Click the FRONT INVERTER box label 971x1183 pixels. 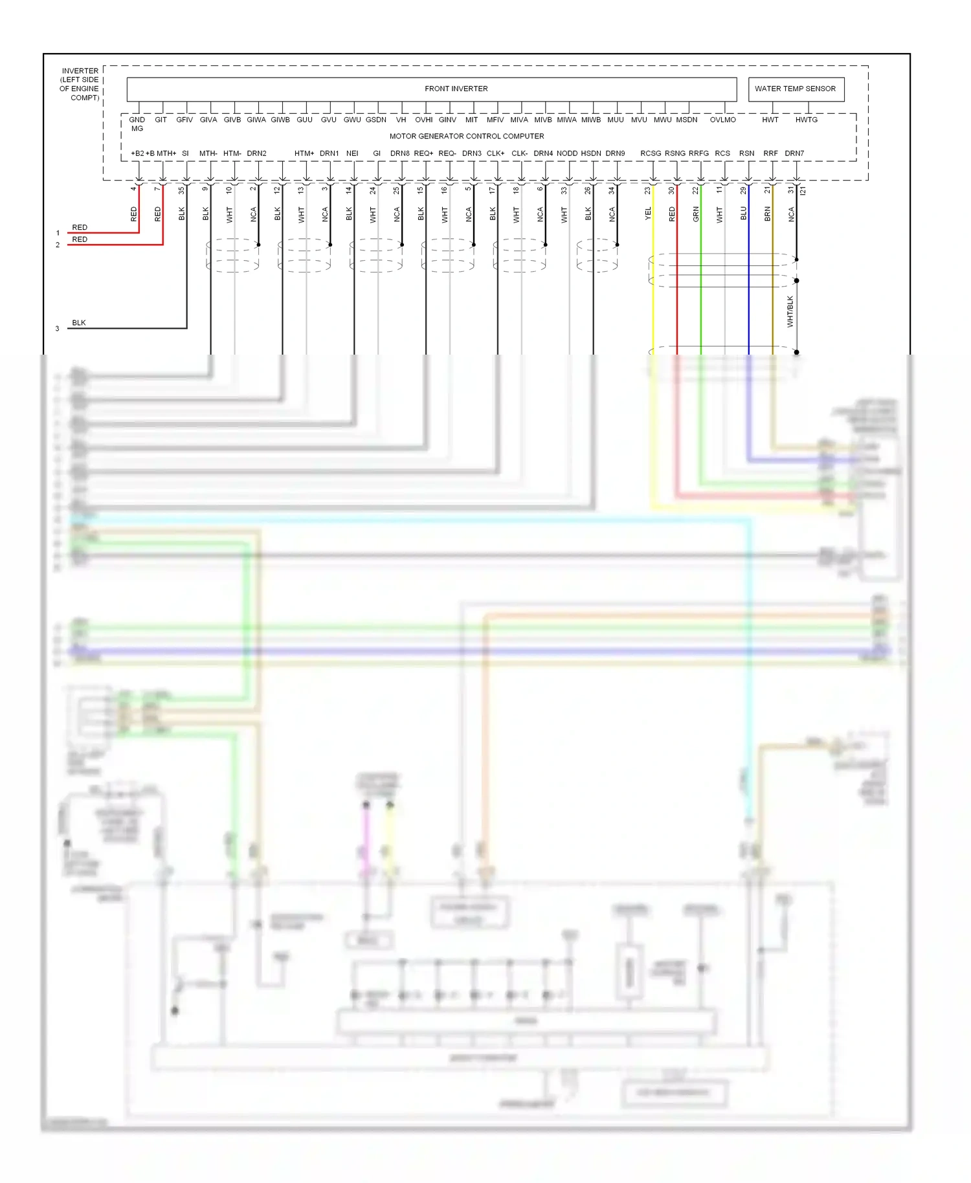pos(456,89)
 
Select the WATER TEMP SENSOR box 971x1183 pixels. pos(795,89)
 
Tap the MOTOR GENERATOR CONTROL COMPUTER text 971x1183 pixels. pos(466,136)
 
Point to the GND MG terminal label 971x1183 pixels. pos(137,124)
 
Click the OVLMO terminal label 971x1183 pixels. pos(722,120)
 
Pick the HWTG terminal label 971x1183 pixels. pos(806,120)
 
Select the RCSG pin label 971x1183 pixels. pos(651,153)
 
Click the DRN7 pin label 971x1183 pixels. pos(794,153)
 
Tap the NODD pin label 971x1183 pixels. pos(566,153)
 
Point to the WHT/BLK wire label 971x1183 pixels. pos(790,311)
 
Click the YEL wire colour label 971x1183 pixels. pos(648,214)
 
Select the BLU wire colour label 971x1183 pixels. pos(743,214)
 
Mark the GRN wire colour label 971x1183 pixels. pos(696,214)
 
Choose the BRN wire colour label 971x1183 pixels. pos(767,214)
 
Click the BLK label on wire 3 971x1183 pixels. pos(79,322)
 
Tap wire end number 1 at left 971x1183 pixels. pos(58,233)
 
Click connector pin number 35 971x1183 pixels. pos(181,190)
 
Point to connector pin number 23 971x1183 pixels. pos(647,190)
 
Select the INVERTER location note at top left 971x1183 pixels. pos(80,84)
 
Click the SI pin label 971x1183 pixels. pos(185,153)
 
